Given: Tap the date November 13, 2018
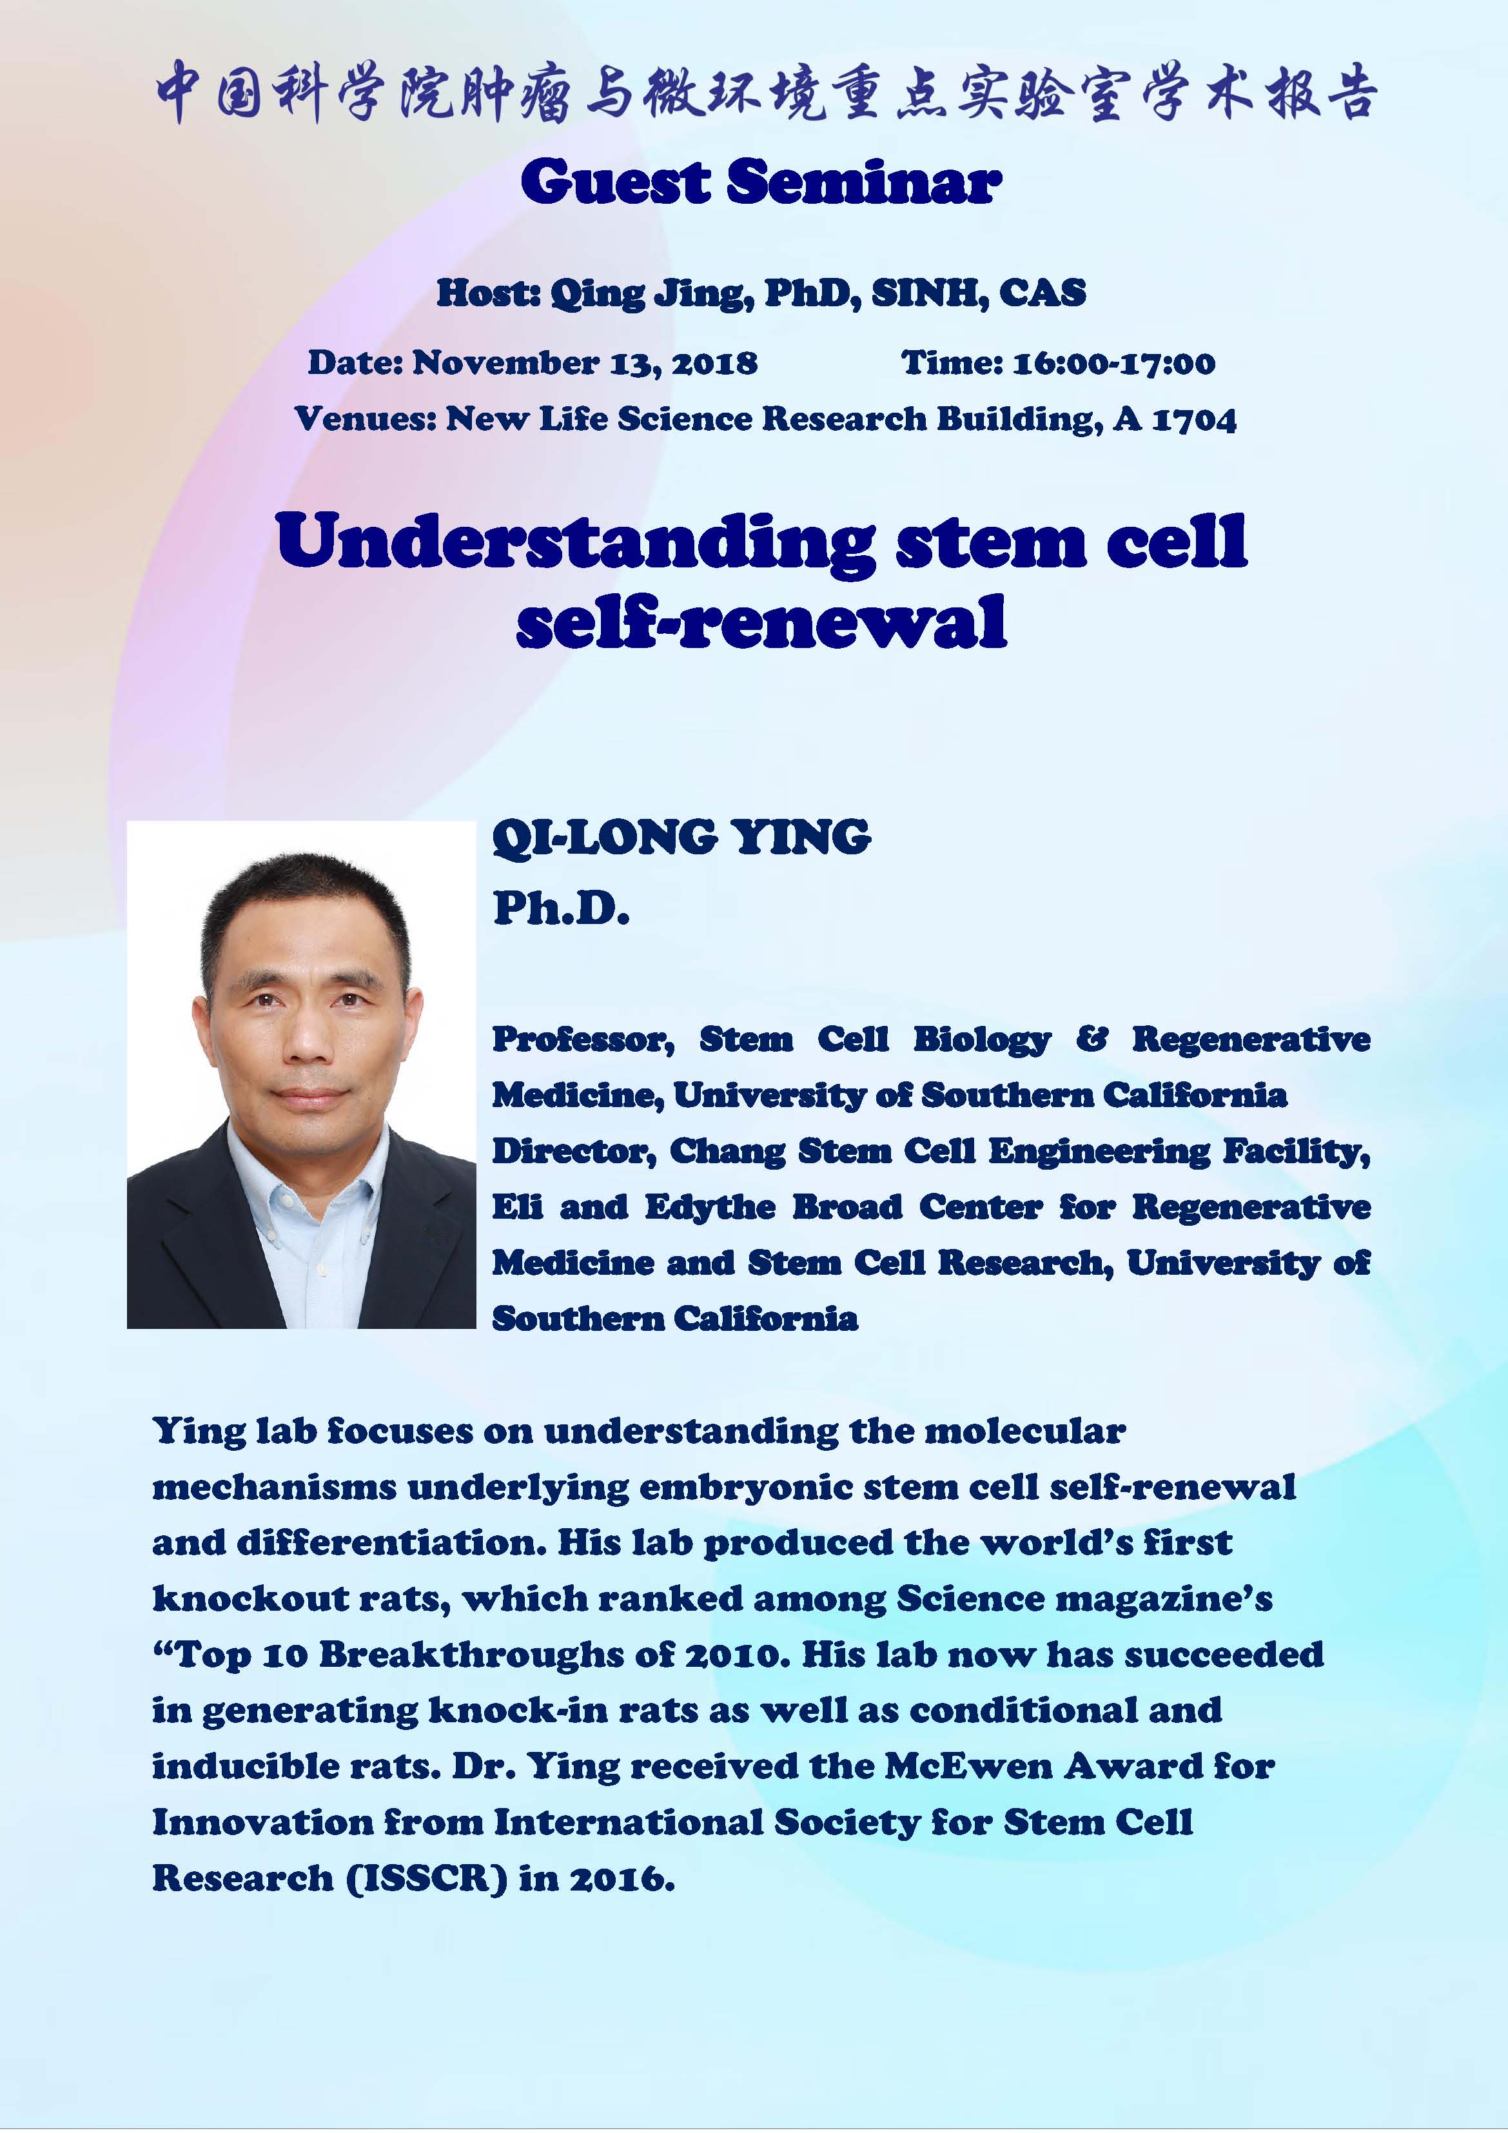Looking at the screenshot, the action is point(584,362).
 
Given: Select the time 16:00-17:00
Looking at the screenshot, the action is point(1114,362).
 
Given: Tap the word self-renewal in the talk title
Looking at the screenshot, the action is point(761,622).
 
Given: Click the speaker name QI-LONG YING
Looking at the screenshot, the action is point(681,837).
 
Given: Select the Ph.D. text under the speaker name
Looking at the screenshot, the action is point(561,908).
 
